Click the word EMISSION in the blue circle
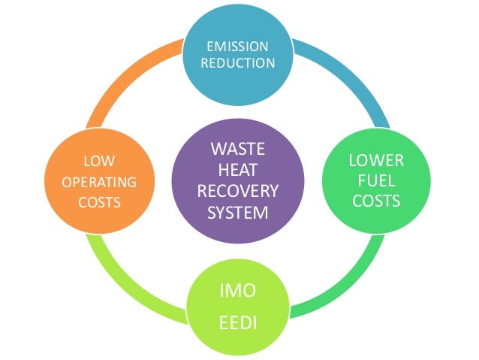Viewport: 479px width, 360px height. [x=238, y=46]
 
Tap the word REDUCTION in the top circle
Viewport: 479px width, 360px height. [x=238, y=63]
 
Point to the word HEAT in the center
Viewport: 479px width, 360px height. [x=238, y=168]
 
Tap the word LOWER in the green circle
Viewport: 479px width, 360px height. [x=377, y=160]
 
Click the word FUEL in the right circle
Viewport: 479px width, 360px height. [x=377, y=180]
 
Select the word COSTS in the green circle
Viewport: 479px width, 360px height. [x=377, y=201]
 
